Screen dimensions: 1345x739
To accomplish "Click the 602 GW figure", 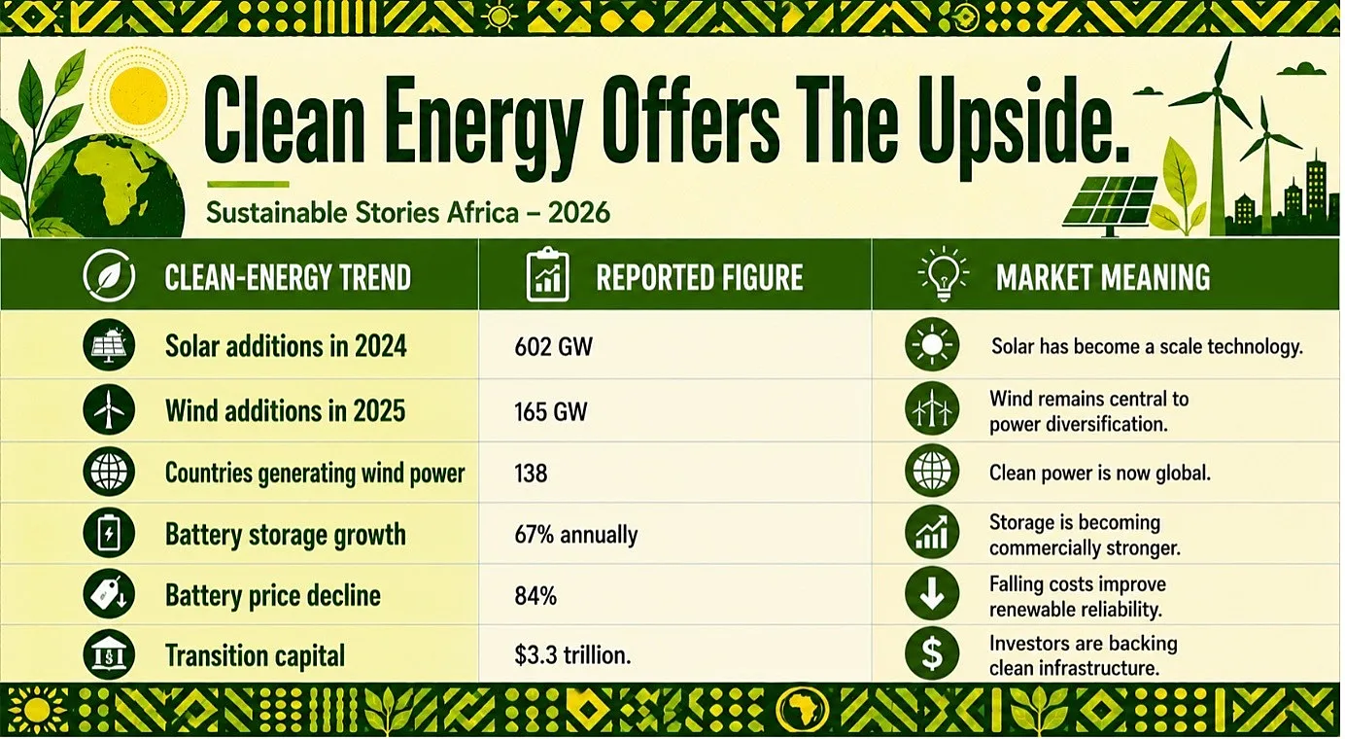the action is (x=553, y=347).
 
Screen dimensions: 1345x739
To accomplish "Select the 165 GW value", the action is (x=551, y=412).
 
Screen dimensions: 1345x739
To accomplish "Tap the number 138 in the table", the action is (x=531, y=474).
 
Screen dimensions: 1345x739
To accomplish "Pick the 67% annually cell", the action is (x=576, y=535).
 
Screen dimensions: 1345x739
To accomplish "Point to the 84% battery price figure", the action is (x=535, y=596).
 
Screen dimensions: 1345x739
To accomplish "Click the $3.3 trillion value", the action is (x=572, y=655).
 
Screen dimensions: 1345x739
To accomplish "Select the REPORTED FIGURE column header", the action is (x=700, y=277).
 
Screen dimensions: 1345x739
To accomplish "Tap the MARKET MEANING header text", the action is (x=1103, y=277).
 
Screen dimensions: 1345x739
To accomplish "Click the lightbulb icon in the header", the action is (x=944, y=274).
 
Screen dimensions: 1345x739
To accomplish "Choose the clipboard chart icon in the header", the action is (x=547, y=274).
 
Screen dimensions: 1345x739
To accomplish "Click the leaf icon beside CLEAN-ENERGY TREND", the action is (x=109, y=275).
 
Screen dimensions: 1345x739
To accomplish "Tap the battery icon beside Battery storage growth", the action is (x=109, y=534).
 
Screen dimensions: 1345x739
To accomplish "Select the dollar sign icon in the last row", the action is (x=932, y=653).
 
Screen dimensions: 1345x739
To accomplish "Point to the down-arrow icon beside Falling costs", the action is (x=932, y=593).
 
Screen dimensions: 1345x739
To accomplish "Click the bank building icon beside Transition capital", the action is (x=109, y=654).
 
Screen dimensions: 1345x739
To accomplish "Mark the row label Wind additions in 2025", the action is (x=285, y=411).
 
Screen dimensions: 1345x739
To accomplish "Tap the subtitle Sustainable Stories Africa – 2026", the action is (x=408, y=213).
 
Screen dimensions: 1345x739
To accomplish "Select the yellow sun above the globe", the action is (x=139, y=95).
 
